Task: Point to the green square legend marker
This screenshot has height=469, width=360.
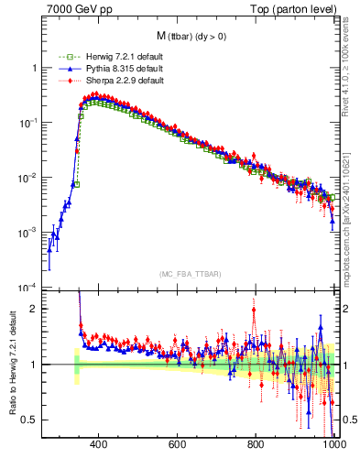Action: click(63, 58)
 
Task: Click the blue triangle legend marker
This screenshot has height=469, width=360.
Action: click(63, 69)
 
